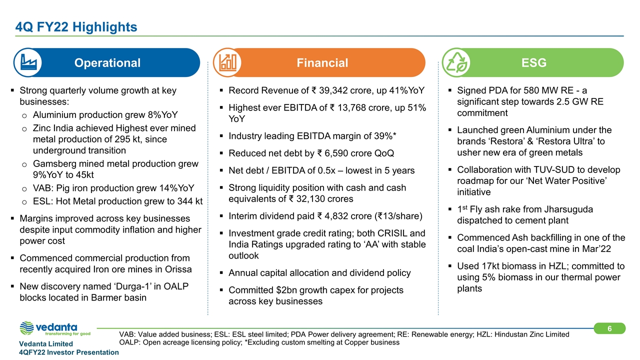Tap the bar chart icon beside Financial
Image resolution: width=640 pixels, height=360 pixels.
227,63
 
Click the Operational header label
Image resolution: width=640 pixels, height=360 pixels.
107,63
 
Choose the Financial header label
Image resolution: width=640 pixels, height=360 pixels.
322,63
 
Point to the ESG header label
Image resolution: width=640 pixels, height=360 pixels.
534,63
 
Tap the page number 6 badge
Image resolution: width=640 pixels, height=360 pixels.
610,328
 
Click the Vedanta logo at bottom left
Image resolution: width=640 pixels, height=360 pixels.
54,329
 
